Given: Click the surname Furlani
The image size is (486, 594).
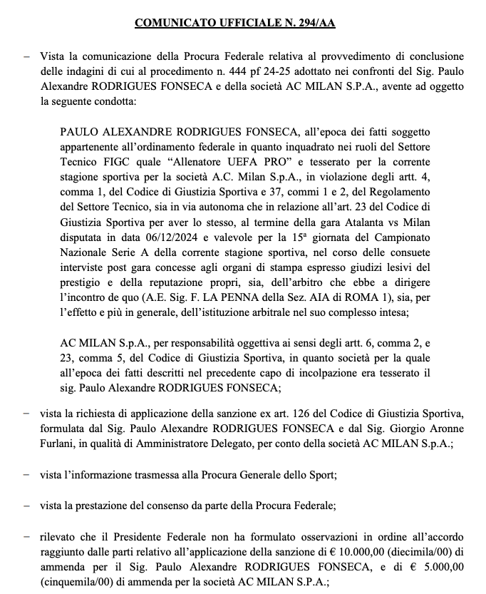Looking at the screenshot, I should point(61,443).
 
